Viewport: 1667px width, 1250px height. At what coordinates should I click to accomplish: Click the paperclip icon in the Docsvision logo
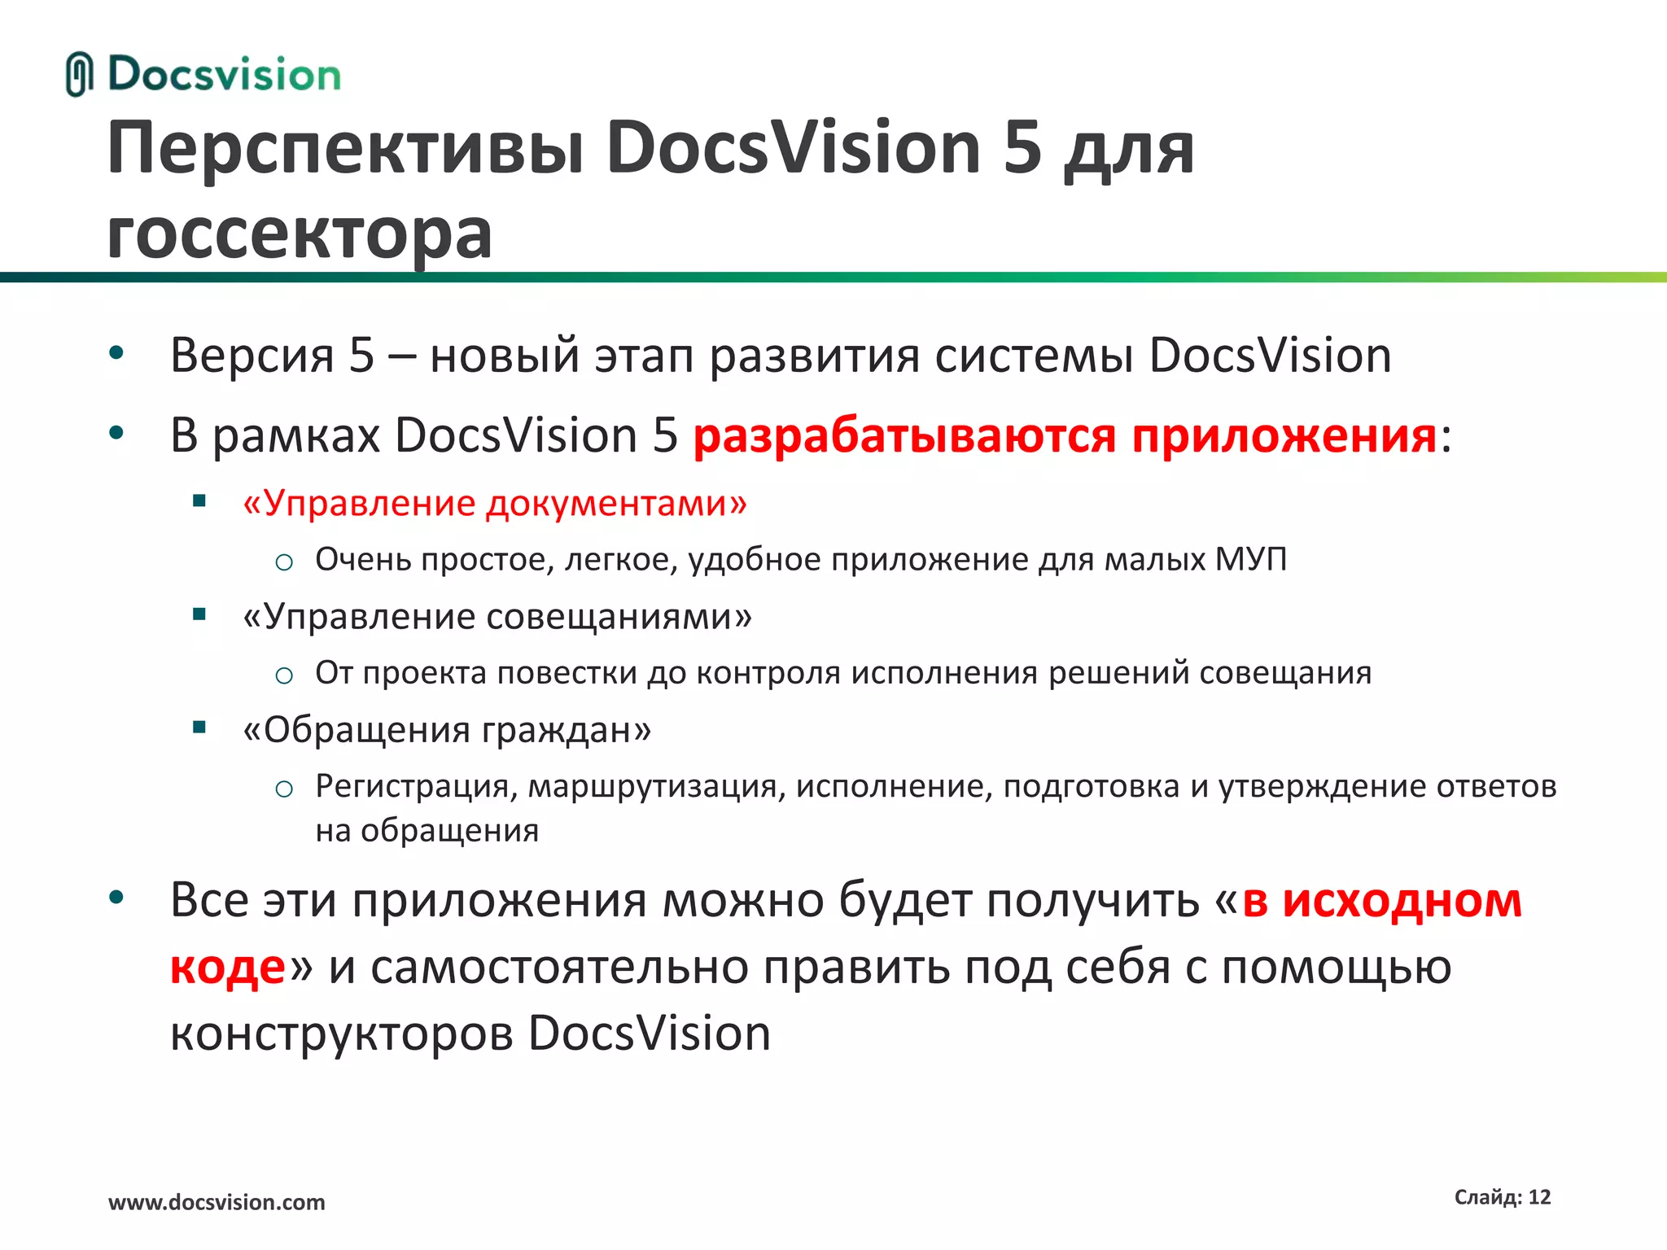(x=79, y=74)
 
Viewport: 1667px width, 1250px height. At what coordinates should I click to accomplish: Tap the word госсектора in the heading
(x=300, y=234)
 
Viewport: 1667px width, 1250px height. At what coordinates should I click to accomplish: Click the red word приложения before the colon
(x=1284, y=436)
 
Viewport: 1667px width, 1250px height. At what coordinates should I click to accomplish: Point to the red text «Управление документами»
(x=495, y=504)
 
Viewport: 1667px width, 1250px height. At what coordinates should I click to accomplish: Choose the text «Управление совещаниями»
(x=497, y=617)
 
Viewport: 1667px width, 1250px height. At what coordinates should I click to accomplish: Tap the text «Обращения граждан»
(x=447, y=730)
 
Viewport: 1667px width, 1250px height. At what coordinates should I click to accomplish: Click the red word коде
(x=228, y=968)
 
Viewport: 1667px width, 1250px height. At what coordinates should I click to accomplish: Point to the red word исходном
(x=1402, y=901)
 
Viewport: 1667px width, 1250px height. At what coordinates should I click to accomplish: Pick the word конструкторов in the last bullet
(x=341, y=1034)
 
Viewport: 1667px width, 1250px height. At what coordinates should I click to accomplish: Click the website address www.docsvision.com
(x=217, y=1202)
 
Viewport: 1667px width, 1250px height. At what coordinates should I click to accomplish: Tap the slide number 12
(x=1539, y=1197)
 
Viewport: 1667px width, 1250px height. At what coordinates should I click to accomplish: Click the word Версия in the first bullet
(x=252, y=356)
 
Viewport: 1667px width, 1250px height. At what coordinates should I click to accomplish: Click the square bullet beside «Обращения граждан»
(x=199, y=728)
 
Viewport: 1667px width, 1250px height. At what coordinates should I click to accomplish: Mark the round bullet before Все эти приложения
(x=116, y=898)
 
